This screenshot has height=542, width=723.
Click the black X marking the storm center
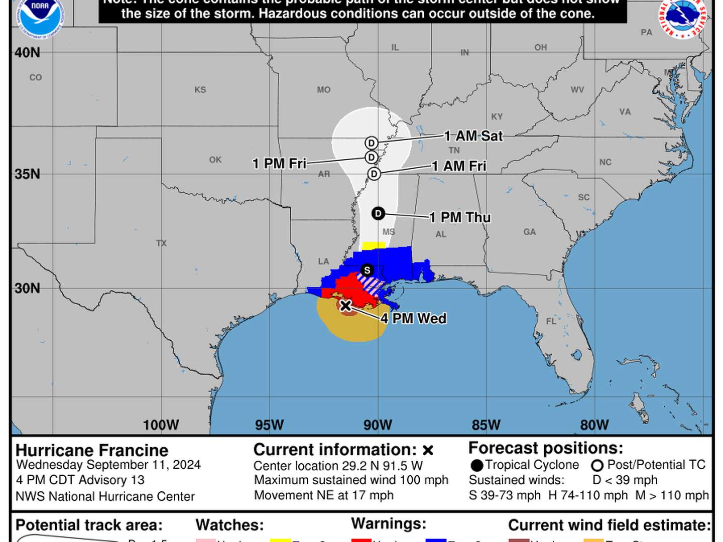pos(345,306)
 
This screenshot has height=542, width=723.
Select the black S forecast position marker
pos(367,270)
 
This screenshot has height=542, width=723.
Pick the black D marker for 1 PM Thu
pos(378,214)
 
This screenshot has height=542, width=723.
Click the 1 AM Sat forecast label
pos(473,136)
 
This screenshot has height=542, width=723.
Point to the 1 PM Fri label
pos(279,164)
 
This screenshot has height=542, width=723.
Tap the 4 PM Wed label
pos(413,319)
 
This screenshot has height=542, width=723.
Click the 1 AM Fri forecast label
pos(459,166)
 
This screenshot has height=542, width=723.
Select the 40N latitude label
pos(28,53)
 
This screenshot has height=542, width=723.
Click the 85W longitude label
pos(486,425)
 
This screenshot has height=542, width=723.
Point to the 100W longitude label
pos(161,425)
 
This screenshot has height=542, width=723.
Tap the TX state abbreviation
pos(161,243)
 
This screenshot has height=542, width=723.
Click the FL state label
pos(551,321)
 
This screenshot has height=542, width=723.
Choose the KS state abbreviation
pos(200,90)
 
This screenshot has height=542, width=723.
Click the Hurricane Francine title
pos(92,450)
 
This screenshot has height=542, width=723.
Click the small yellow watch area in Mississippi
pos(374,245)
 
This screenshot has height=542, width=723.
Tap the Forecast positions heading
pos(546,448)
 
